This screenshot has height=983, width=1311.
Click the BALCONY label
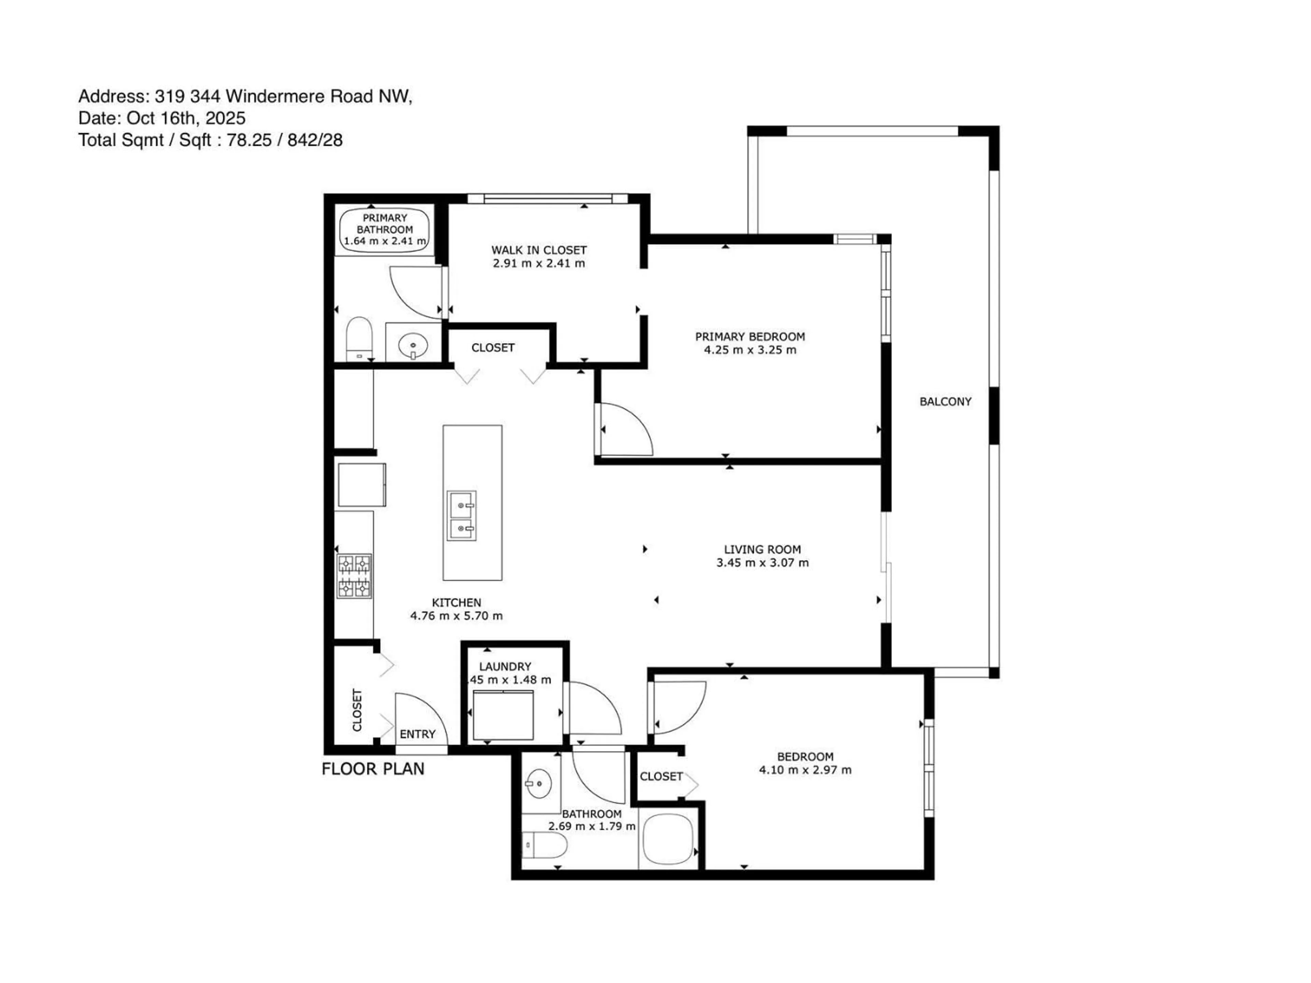[945, 402]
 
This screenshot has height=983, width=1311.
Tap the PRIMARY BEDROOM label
[750, 337]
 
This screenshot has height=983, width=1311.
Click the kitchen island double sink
[462, 515]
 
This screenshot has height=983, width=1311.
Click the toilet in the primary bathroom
[358, 338]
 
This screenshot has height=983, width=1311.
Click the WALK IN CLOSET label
[539, 250]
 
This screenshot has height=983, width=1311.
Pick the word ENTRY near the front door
[417, 734]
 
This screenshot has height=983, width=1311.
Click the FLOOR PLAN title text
[373, 769]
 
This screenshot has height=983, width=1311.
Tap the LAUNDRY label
[505, 667]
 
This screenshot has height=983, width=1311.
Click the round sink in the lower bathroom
[538, 784]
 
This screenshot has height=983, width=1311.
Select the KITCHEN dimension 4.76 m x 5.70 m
[456, 616]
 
